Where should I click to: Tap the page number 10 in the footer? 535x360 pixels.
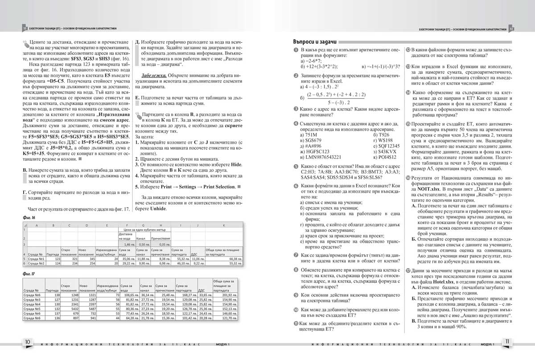[28, 342]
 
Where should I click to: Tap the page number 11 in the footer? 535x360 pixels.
[507, 342]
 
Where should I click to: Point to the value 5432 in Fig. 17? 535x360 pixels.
[69, 308]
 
